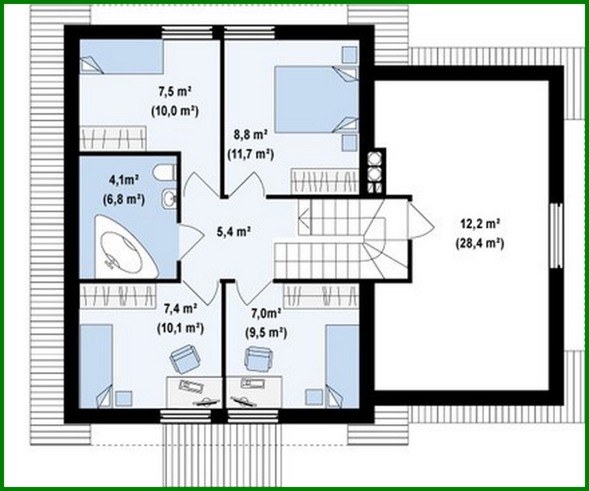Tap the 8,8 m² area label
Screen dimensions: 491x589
[250, 134]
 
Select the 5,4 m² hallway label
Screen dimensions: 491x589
[233, 231]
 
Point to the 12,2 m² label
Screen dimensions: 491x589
[479, 224]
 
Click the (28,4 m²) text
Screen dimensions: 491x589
[479, 244]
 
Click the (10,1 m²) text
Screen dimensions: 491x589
[180, 328]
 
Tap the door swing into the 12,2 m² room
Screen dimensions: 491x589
[421, 219]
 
